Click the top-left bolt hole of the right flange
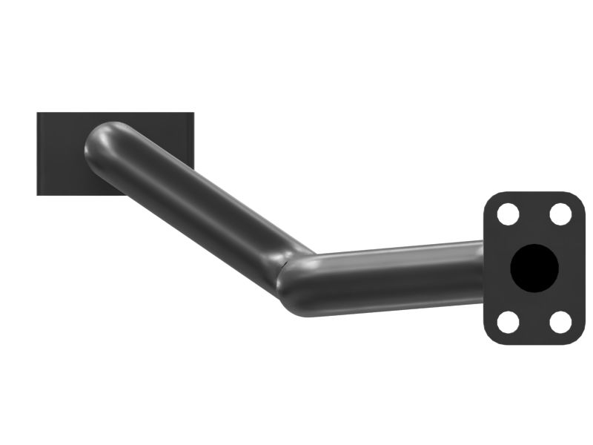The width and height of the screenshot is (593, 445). point(508,214)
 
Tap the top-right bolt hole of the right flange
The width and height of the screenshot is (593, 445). point(561,214)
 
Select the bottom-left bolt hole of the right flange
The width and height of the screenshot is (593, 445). point(508,322)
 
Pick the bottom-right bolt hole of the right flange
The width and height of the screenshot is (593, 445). point(561,322)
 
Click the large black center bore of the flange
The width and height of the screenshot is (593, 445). point(534,268)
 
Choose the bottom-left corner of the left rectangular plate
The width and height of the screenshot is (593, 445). point(39,194)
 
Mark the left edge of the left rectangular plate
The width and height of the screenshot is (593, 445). point(38,154)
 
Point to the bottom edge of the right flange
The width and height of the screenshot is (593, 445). point(534,344)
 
